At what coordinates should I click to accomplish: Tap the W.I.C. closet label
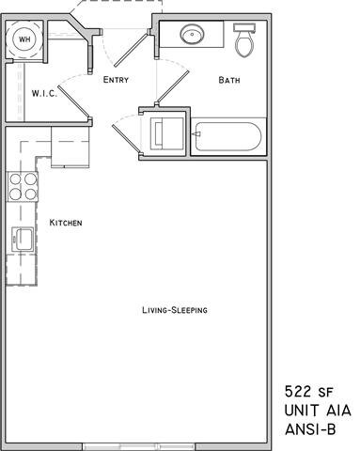(x=45, y=93)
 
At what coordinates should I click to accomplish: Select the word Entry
(x=117, y=80)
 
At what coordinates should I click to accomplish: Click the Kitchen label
(x=66, y=223)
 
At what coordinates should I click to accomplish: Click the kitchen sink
(x=22, y=240)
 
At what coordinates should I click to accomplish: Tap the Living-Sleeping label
(x=174, y=310)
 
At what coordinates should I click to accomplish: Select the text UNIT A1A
(x=316, y=411)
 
